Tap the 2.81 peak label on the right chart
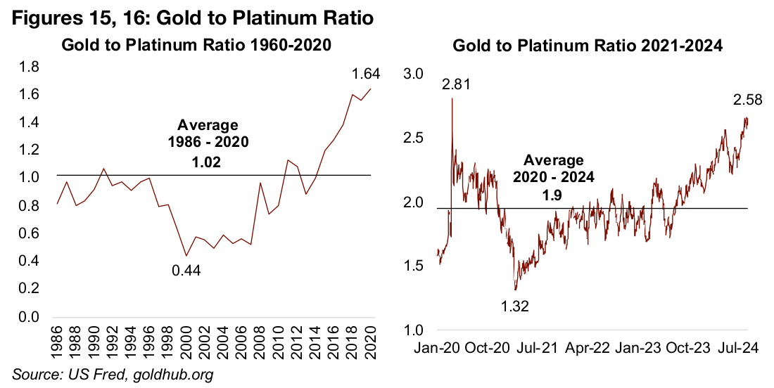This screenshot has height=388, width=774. coord(456,86)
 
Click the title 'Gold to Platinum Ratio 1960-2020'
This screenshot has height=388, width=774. coord(197,46)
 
